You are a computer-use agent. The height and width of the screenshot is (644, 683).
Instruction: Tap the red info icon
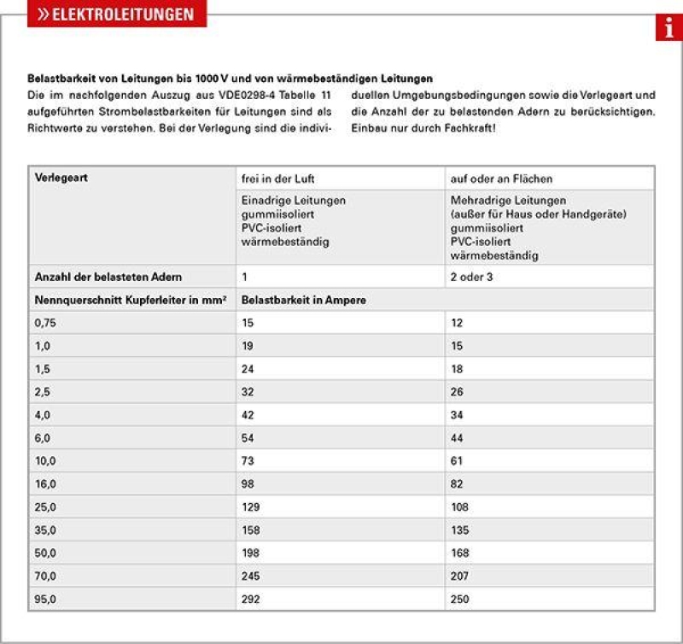[668, 28]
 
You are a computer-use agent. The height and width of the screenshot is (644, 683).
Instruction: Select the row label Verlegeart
[61, 179]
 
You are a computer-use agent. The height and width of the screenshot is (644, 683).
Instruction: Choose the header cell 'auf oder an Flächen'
[501, 179]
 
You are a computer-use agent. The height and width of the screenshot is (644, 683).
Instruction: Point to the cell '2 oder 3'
[472, 277]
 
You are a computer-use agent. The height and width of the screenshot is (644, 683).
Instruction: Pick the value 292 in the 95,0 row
[252, 600]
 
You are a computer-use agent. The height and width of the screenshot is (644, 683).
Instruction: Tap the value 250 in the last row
[460, 600]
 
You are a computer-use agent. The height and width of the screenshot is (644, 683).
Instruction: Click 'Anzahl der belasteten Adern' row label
[108, 277]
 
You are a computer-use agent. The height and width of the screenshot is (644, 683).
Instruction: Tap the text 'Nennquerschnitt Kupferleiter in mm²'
[130, 301]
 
